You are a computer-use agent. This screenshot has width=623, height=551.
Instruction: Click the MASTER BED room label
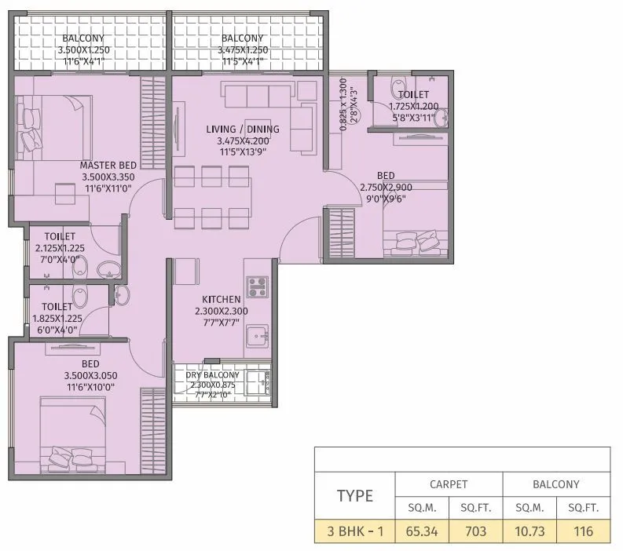point(108,165)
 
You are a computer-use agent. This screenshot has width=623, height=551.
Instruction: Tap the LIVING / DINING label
point(243,130)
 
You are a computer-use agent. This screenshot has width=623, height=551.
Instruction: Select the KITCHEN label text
point(221,300)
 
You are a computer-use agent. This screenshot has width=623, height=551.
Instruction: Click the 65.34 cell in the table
point(421,531)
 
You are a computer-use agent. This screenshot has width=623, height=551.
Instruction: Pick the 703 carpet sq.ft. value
point(475,531)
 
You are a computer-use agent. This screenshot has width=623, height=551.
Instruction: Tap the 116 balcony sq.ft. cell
point(582,531)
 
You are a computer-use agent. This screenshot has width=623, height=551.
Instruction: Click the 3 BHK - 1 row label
point(354,531)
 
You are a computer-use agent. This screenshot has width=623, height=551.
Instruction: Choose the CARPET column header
point(448,484)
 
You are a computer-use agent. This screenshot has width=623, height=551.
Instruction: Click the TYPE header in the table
point(354,496)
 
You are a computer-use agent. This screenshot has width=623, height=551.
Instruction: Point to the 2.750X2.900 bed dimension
point(386,188)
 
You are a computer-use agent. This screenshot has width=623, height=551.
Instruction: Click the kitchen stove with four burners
point(257,286)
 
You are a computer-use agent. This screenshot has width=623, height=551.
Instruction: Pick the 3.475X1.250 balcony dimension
point(243,49)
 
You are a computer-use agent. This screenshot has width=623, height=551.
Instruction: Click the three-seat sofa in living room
point(258,96)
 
